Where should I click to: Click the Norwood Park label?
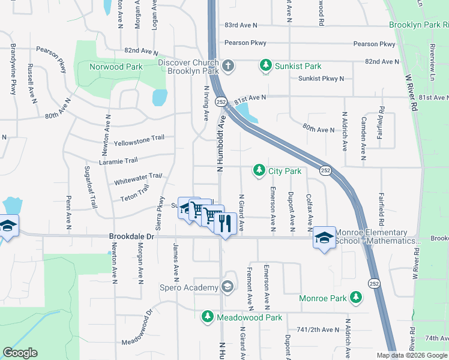(116, 67)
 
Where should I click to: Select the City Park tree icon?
(259, 171)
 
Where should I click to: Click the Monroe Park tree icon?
(356, 297)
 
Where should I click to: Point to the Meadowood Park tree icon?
(207, 316)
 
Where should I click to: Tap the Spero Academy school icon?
(227, 287)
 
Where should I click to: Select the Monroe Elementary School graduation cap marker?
(324, 239)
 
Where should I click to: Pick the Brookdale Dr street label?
(132, 237)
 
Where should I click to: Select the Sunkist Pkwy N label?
(321, 79)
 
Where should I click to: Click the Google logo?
(20, 353)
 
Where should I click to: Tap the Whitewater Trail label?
(139, 178)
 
